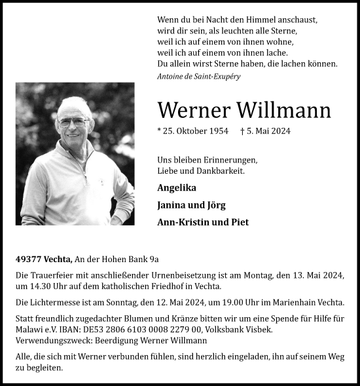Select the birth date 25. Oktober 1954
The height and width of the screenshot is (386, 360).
(x=193, y=131)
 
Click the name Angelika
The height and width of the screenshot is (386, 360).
(x=177, y=187)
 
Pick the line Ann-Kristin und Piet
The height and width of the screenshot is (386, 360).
(x=203, y=222)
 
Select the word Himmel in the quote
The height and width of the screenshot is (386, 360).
(x=246, y=20)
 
